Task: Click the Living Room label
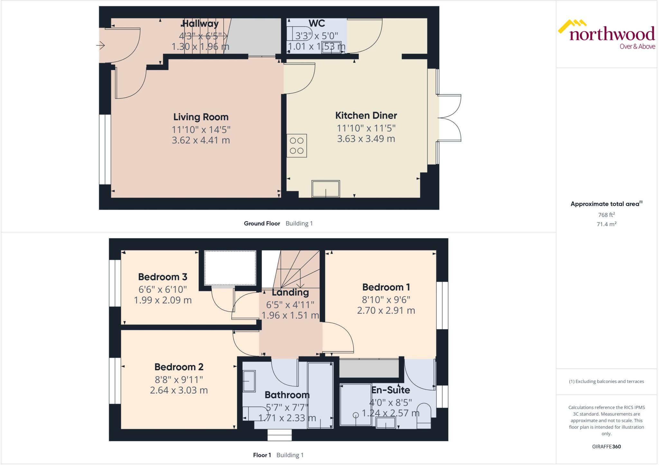click(201, 117)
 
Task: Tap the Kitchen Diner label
click(366, 115)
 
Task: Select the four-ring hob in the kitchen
click(296, 146)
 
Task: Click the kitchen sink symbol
click(326, 189)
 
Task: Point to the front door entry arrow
click(101, 46)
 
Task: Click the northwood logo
click(606, 34)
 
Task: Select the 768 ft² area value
click(606, 215)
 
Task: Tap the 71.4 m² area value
click(606, 224)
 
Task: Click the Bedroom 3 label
click(162, 277)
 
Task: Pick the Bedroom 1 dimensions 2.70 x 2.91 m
click(386, 310)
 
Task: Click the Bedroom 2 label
click(179, 367)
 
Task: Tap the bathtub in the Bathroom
click(320, 395)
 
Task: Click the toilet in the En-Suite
click(424, 416)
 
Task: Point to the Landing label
click(290, 292)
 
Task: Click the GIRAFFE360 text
click(606, 446)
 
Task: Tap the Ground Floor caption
click(262, 223)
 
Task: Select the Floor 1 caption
click(262, 455)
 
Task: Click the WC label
click(317, 23)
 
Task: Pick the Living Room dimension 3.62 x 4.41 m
click(201, 140)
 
